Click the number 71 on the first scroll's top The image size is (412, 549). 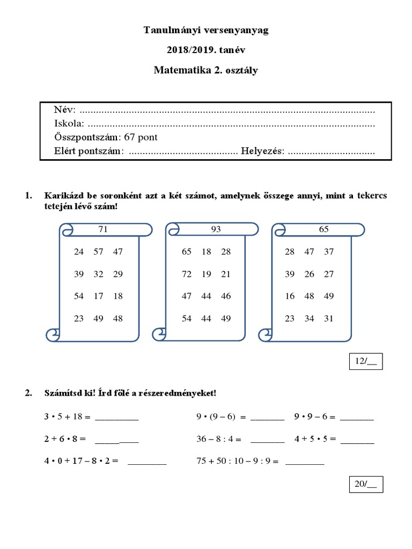pyautogui.click(x=104, y=229)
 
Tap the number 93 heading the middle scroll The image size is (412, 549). pyautogui.click(x=216, y=229)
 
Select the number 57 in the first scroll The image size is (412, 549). pyautogui.click(x=98, y=251)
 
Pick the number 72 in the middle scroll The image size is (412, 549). pyautogui.click(x=187, y=274)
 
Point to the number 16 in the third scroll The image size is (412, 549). pyautogui.click(x=290, y=296)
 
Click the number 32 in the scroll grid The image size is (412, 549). pyautogui.click(x=98, y=274)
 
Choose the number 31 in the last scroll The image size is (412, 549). pyautogui.click(x=329, y=318)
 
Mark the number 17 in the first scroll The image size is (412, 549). pyautogui.click(x=98, y=296)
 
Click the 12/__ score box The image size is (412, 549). pyautogui.click(x=366, y=362)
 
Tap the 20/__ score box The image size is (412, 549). pyautogui.click(x=366, y=484)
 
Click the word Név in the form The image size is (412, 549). pyautogui.click(x=65, y=110)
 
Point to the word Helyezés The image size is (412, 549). pyautogui.click(x=262, y=152)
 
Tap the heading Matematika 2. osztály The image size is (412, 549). pyautogui.click(x=206, y=70)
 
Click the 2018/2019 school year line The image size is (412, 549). pyautogui.click(x=206, y=50)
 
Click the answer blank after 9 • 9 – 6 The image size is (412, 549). pyautogui.click(x=357, y=417)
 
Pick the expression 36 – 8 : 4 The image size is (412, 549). pyautogui.click(x=219, y=439)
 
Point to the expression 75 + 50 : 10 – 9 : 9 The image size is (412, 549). pyautogui.click(x=238, y=461)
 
